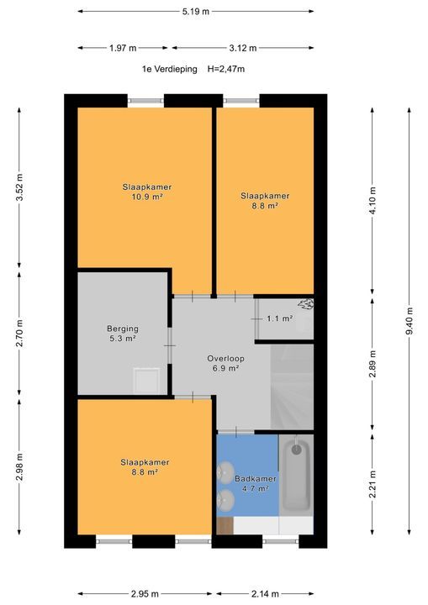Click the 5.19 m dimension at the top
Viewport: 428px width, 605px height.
click(x=195, y=11)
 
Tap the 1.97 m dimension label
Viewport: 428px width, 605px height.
click(x=122, y=48)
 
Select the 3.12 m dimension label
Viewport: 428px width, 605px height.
click(x=266, y=48)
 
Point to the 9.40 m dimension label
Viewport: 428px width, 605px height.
click(x=409, y=320)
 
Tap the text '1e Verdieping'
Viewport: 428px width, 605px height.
click(x=169, y=70)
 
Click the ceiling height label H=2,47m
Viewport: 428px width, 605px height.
click(x=226, y=70)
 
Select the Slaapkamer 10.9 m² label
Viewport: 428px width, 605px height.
click(x=140, y=192)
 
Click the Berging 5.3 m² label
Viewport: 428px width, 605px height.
click(x=122, y=334)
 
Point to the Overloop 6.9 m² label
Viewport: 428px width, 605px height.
click(x=224, y=363)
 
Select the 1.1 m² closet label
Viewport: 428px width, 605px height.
click(x=279, y=318)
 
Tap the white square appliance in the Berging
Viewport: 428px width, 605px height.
click(x=147, y=381)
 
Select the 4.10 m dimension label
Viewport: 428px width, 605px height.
click(x=372, y=201)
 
